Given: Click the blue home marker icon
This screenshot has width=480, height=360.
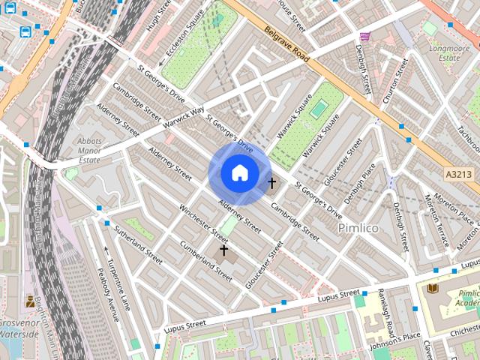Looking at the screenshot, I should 239,173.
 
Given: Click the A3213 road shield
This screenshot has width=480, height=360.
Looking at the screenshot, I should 458,174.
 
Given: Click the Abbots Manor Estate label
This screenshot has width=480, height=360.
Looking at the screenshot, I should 89,150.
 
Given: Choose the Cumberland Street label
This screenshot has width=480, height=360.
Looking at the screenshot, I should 205,259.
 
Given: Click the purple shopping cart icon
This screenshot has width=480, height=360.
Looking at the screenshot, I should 364,37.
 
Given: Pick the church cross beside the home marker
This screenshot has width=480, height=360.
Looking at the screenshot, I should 271,182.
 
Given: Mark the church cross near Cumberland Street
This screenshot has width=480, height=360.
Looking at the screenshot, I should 223,250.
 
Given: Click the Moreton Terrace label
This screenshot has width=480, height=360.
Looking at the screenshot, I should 439,222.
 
